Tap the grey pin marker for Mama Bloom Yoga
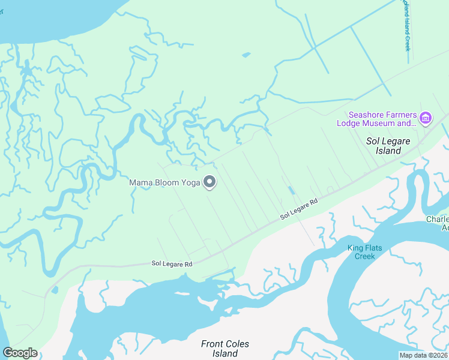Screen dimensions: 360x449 pyautogui.click(x=209, y=181)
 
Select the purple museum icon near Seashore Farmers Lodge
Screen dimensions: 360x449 pyautogui.click(x=426, y=118)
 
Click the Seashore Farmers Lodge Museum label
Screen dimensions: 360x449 pyautogui.click(x=382, y=119)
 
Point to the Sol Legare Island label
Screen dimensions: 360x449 pyautogui.click(x=384, y=146)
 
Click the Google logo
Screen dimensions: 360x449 pyautogui.click(x=20, y=353)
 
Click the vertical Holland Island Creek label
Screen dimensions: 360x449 pyautogui.click(x=406, y=25)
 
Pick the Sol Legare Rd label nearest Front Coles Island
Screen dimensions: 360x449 pyautogui.click(x=172, y=263)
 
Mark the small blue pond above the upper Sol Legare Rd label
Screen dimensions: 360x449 pyautogui.click(x=291, y=190)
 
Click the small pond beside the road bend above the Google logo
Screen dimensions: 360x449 pyautogui.click(x=55, y=290)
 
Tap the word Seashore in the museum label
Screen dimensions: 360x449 pyautogui.click(x=367, y=115)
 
